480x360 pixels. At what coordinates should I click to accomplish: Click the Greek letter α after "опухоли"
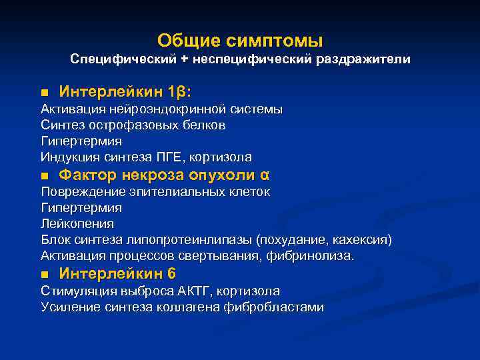264,175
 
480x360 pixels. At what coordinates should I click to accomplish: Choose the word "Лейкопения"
77,223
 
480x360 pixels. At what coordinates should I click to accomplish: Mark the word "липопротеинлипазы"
194,239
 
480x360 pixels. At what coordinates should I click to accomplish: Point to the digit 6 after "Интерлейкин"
171,273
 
